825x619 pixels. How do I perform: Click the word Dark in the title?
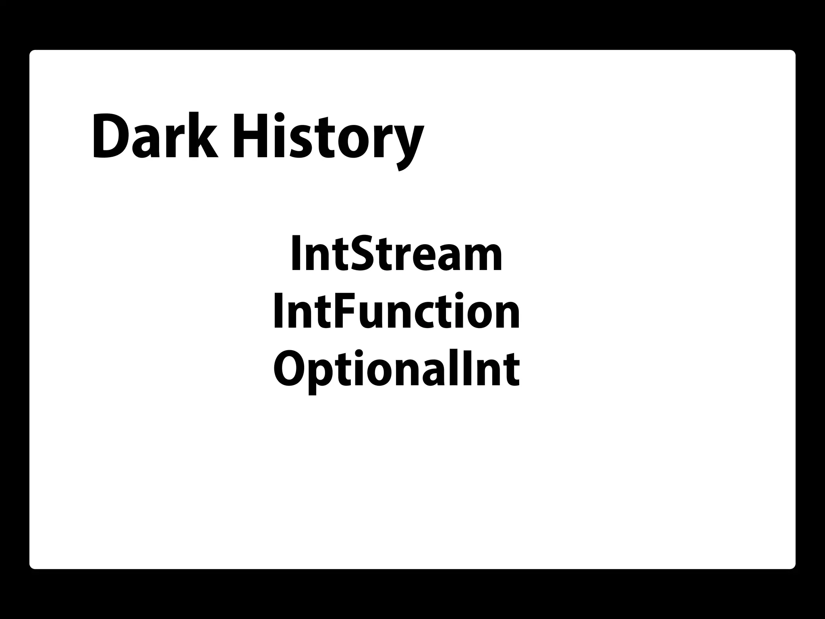click(x=155, y=137)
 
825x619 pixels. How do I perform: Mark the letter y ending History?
click(x=407, y=145)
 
